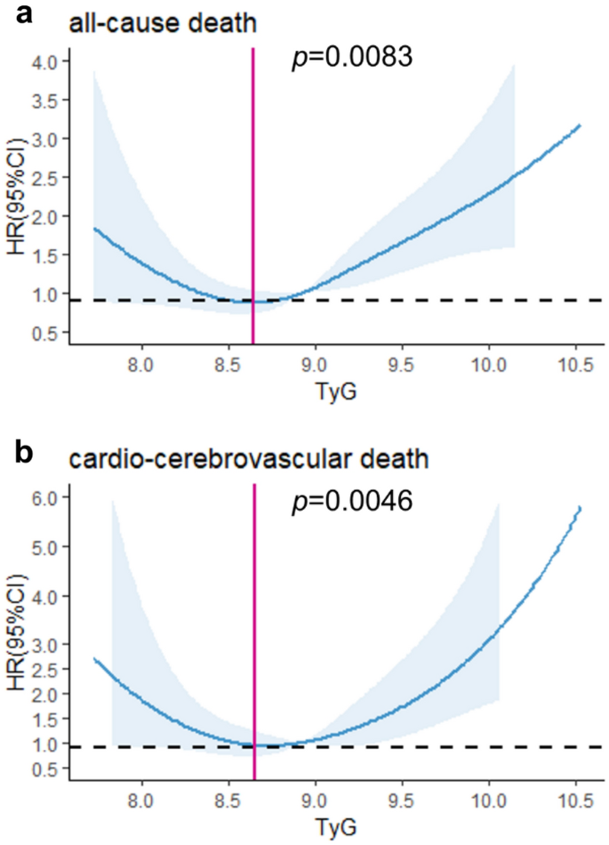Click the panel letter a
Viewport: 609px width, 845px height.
tap(20, 15)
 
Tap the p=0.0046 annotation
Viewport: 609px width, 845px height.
tap(351, 503)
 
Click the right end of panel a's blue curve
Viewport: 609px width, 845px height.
tap(580, 125)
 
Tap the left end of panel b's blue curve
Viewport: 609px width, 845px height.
tap(95, 659)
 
